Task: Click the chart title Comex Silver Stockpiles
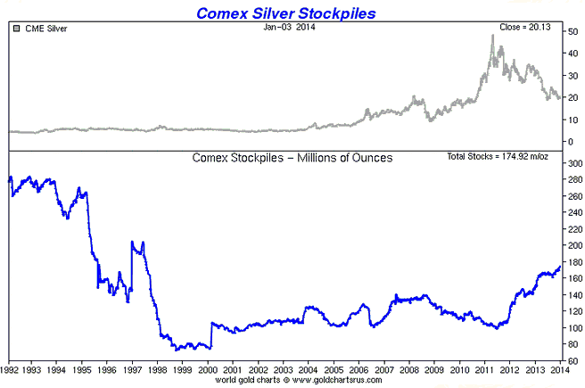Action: tap(292, 12)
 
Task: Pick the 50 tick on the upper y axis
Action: tap(573, 32)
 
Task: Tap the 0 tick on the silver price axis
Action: tap(571, 142)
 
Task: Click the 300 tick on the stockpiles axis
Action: tap(576, 162)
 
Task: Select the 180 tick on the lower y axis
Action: tap(576, 261)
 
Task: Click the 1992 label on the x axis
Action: tap(12, 369)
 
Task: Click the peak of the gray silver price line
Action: tap(492, 36)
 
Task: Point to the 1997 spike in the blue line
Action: tap(132, 242)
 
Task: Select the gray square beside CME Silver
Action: tap(15, 29)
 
